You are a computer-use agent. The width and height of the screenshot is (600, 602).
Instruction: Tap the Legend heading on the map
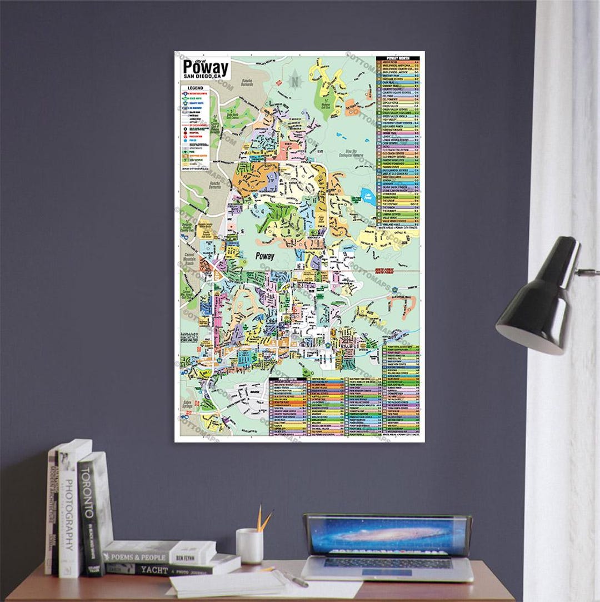point(195,88)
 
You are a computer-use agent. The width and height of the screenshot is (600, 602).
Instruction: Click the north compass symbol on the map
point(294,80)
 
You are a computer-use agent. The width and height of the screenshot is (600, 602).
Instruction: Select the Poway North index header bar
point(398,57)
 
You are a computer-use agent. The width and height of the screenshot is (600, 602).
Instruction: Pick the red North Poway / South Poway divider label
point(388,271)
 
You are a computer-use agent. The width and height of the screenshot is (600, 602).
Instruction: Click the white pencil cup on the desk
point(249,545)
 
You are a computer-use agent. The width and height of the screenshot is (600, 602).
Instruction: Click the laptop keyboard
point(387,564)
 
